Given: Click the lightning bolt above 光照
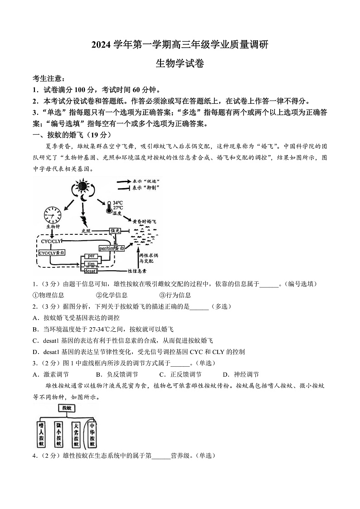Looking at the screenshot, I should (83, 221).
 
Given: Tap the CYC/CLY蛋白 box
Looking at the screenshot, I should (52, 252).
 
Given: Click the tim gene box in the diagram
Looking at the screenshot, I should (91, 264).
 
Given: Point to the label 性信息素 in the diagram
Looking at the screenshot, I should (137, 271).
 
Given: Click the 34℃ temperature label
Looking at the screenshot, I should (119, 203).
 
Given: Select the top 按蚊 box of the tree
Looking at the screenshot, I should (67, 408).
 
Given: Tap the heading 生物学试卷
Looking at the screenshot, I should (180, 63).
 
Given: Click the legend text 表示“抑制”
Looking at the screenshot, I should (146, 188).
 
